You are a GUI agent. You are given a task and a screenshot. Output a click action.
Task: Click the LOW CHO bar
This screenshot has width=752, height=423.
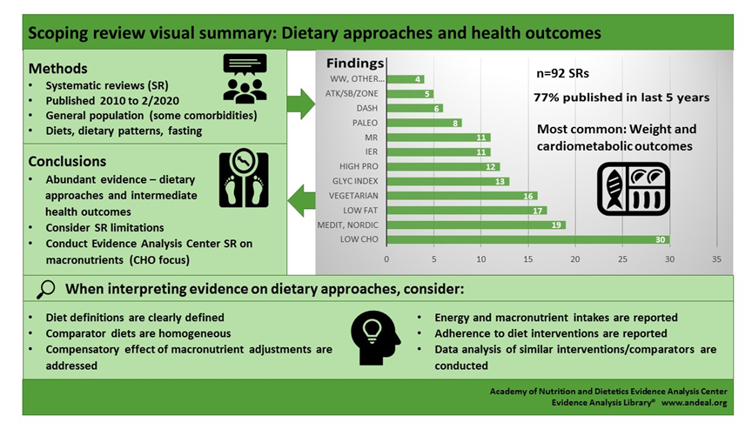click(528, 238)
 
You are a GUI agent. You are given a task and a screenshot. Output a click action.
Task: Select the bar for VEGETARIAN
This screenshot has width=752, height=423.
click(462, 195)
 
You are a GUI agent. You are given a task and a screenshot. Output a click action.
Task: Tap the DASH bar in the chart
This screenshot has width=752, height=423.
click(415, 108)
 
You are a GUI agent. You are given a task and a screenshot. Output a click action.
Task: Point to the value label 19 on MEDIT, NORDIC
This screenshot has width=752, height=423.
click(557, 225)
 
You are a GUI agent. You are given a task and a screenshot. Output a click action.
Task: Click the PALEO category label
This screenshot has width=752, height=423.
click(365, 123)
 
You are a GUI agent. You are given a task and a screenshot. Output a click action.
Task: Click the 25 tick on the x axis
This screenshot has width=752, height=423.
click(622, 258)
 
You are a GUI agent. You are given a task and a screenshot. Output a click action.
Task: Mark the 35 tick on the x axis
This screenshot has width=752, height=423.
click(716, 258)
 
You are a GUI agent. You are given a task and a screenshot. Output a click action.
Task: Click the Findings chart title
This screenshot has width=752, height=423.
click(355, 63)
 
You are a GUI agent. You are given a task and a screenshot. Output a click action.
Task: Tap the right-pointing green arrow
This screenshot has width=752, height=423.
click(301, 103)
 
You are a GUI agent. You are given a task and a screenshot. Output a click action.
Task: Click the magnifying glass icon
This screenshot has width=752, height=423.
click(46, 289)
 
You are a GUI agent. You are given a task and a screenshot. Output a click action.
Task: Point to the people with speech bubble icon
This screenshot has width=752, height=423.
click(245, 78)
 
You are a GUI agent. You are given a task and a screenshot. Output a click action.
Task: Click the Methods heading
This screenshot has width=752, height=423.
click(58, 68)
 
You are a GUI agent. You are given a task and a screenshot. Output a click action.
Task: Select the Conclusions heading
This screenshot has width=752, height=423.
click(68, 161)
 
